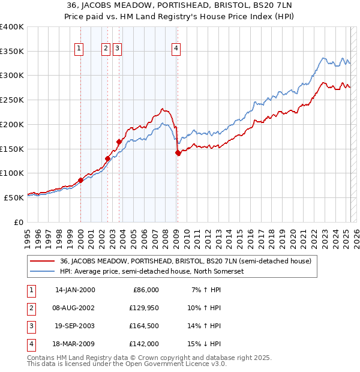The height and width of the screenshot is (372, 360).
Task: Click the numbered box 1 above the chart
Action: click(x=79, y=49)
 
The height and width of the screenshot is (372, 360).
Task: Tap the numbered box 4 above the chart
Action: click(x=176, y=49)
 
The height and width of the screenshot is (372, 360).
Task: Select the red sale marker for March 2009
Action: click(x=178, y=153)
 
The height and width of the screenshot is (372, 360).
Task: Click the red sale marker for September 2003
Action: click(x=119, y=142)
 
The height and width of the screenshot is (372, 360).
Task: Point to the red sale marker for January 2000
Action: click(x=80, y=180)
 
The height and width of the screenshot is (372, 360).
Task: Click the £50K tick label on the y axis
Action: click(x=14, y=197)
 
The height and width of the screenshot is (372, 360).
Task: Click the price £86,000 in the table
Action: click(x=144, y=290)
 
